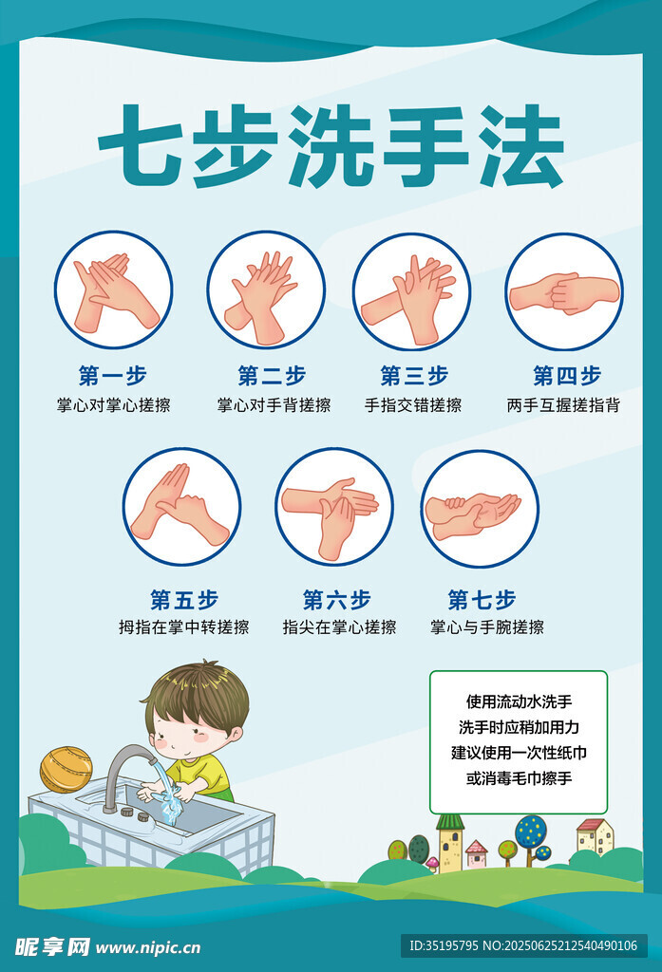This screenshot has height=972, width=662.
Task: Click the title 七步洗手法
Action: pyautogui.click(x=331, y=147)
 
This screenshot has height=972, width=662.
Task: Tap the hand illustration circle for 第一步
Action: pyautogui.click(x=113, y=290)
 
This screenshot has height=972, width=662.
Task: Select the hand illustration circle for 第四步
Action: pyautogui.click(x=564, y=292)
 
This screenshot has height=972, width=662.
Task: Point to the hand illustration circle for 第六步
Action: pyautogui.click(x=334, y=507)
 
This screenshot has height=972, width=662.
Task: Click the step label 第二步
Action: pyautogui.click(x=272, y=376)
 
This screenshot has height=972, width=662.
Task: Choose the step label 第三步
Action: pyautogui.click(x=414, y=376)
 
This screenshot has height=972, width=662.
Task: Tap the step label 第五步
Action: pyautogui.click(x=184, y=600)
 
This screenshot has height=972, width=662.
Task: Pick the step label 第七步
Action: pyautogui.click(x=482, y=600)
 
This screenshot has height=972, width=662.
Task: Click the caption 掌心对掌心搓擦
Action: pyautogui.click(x=114, y=405)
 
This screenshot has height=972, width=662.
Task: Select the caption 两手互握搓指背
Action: pyautogui.click(x=563, y=405)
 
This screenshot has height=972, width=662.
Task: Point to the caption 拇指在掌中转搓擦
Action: pyautogui.click(x=184, y=627)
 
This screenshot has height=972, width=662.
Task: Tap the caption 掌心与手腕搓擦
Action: pyautogui.click(x=487, y=627)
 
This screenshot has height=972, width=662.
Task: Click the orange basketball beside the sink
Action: pyautogui.click(x=66, y=769)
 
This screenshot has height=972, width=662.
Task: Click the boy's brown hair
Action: pyautogui.click(x=199, y=694)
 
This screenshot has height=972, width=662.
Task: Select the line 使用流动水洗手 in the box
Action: pyautogui.click(x=519, y=701)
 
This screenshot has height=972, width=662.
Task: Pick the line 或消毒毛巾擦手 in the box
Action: pyautogui.click(x=519, y=778)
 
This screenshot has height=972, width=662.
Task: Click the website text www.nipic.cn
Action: pyautogui.click(x=148, y=948)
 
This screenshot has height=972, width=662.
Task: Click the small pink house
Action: pyautogui.click(x=477, y=853)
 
